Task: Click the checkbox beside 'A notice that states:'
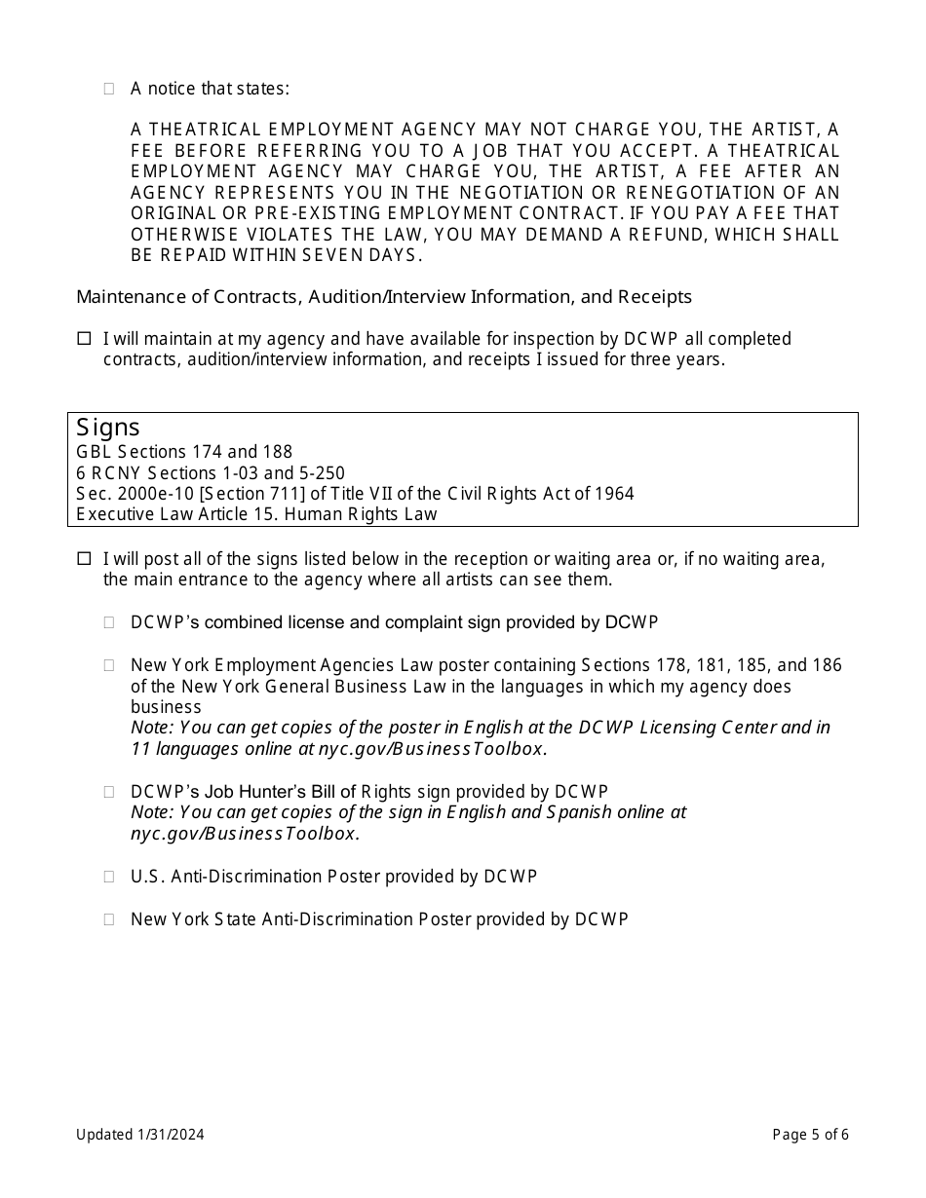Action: tap(109, 89)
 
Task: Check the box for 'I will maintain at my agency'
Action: tap(84, 339)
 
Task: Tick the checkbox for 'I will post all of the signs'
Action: tap(84, 559)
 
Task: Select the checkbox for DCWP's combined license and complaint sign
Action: tap(109, 621)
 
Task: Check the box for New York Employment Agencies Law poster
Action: tap(109, 665)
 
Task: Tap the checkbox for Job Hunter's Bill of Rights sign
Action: tap(109, 792)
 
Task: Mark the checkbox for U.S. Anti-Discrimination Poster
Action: tap(109, 877)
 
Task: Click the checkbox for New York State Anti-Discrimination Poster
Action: tap(109, 918)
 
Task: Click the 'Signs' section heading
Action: tap(108, 428)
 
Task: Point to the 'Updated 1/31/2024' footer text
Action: tap(140, 1134)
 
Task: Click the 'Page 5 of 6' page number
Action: tap(810, 1134)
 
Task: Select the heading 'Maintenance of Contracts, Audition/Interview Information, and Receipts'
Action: tap(384, 296)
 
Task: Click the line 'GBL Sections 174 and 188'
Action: tap(184, 452)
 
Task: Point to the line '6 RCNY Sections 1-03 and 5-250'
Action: tap(211, 473)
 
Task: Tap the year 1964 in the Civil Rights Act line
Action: tap(613, 494)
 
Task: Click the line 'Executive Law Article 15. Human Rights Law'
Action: tap(256, 514)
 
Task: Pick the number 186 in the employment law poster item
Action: tap(828, 665)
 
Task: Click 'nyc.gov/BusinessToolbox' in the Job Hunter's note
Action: tap(244, 834)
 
